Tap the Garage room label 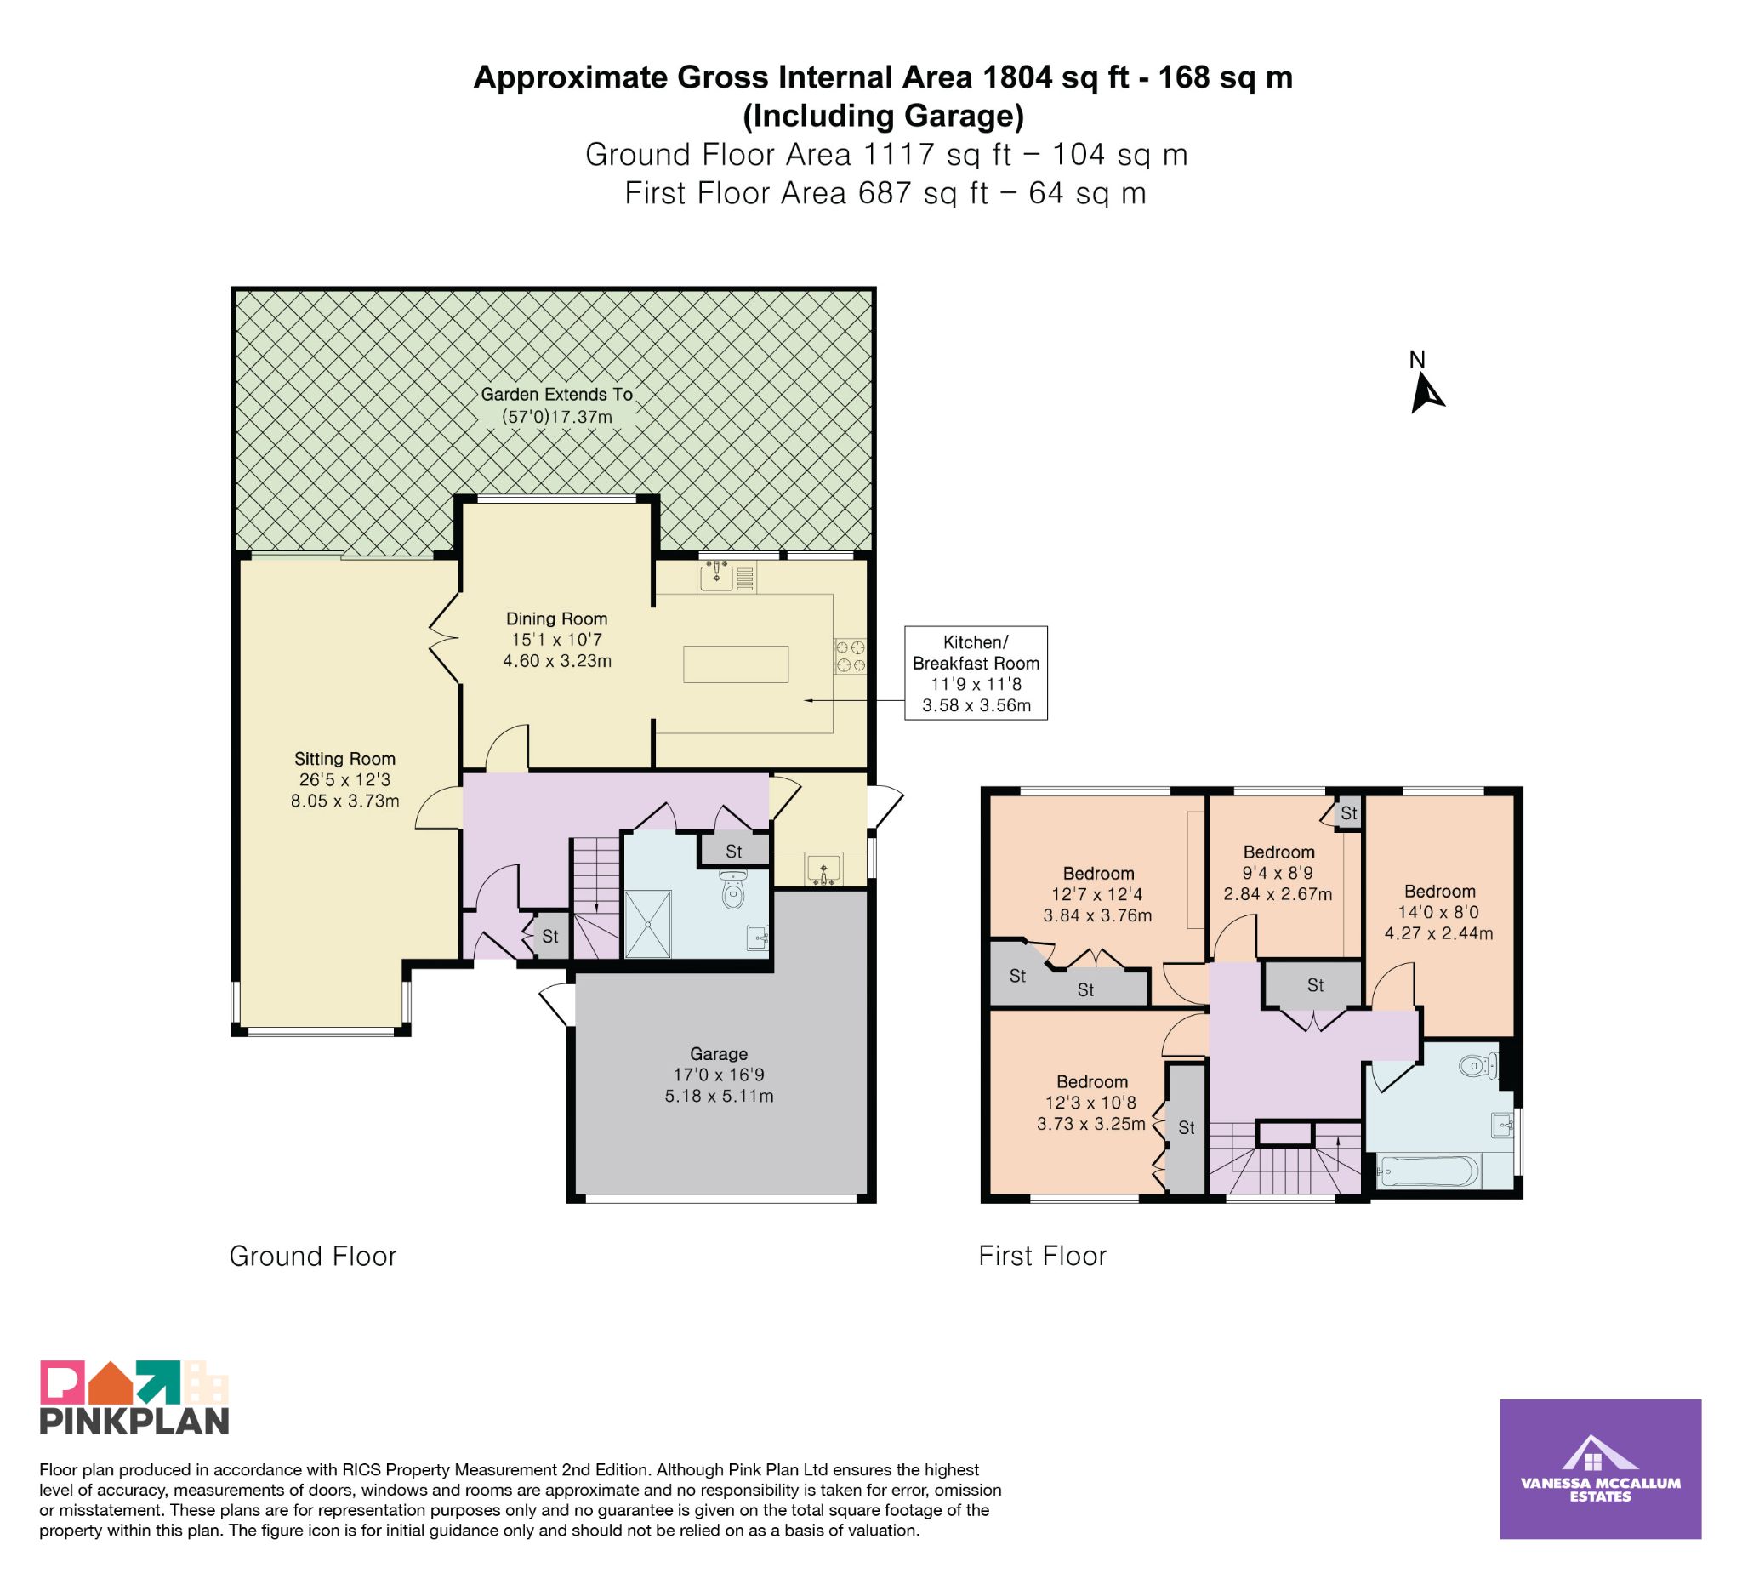tap(719, 1075)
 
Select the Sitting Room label tap(344, 779)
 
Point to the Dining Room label tap(557, 640)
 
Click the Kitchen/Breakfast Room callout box tap(976, 673)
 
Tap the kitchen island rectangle tap(737, 664)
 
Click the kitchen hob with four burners tap(850, 656)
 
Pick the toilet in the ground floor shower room tap(733, 890)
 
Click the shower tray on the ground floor tap(648, 923)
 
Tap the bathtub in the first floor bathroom tap(1427, 1173)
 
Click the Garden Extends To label tap(557, 405)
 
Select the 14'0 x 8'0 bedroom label tap(1439, 912)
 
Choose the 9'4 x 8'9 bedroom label tap(1278, 873)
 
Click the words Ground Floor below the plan tap(313, 1257)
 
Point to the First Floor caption tap(1042, 1257)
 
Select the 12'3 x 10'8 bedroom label tap(1092, 1103)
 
